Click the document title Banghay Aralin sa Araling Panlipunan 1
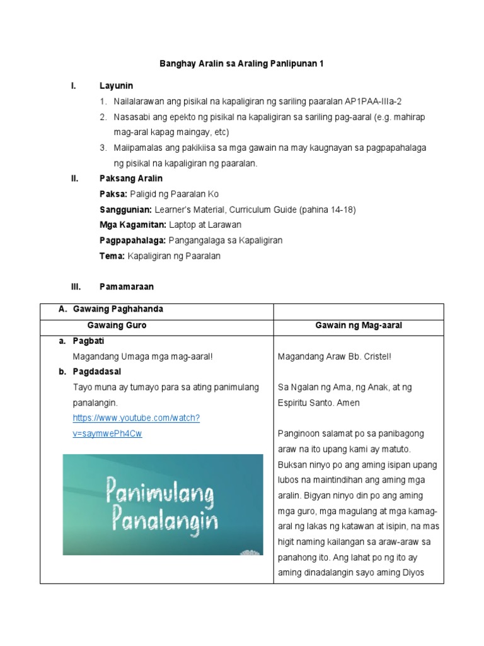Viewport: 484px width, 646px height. tap(241, 64)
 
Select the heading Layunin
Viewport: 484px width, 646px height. tap(116, 85)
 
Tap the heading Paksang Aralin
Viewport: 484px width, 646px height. tap(131, 179)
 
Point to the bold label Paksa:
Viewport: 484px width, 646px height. tap(113, 194)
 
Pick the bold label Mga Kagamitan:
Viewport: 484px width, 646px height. tap(132, 225)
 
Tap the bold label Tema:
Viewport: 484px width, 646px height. tap(112, 256)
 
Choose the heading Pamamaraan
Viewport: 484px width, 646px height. tap(126, 286)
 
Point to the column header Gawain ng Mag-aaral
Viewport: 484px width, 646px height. tap(359, 326)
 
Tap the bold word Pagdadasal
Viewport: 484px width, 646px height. tap(95, 372)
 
